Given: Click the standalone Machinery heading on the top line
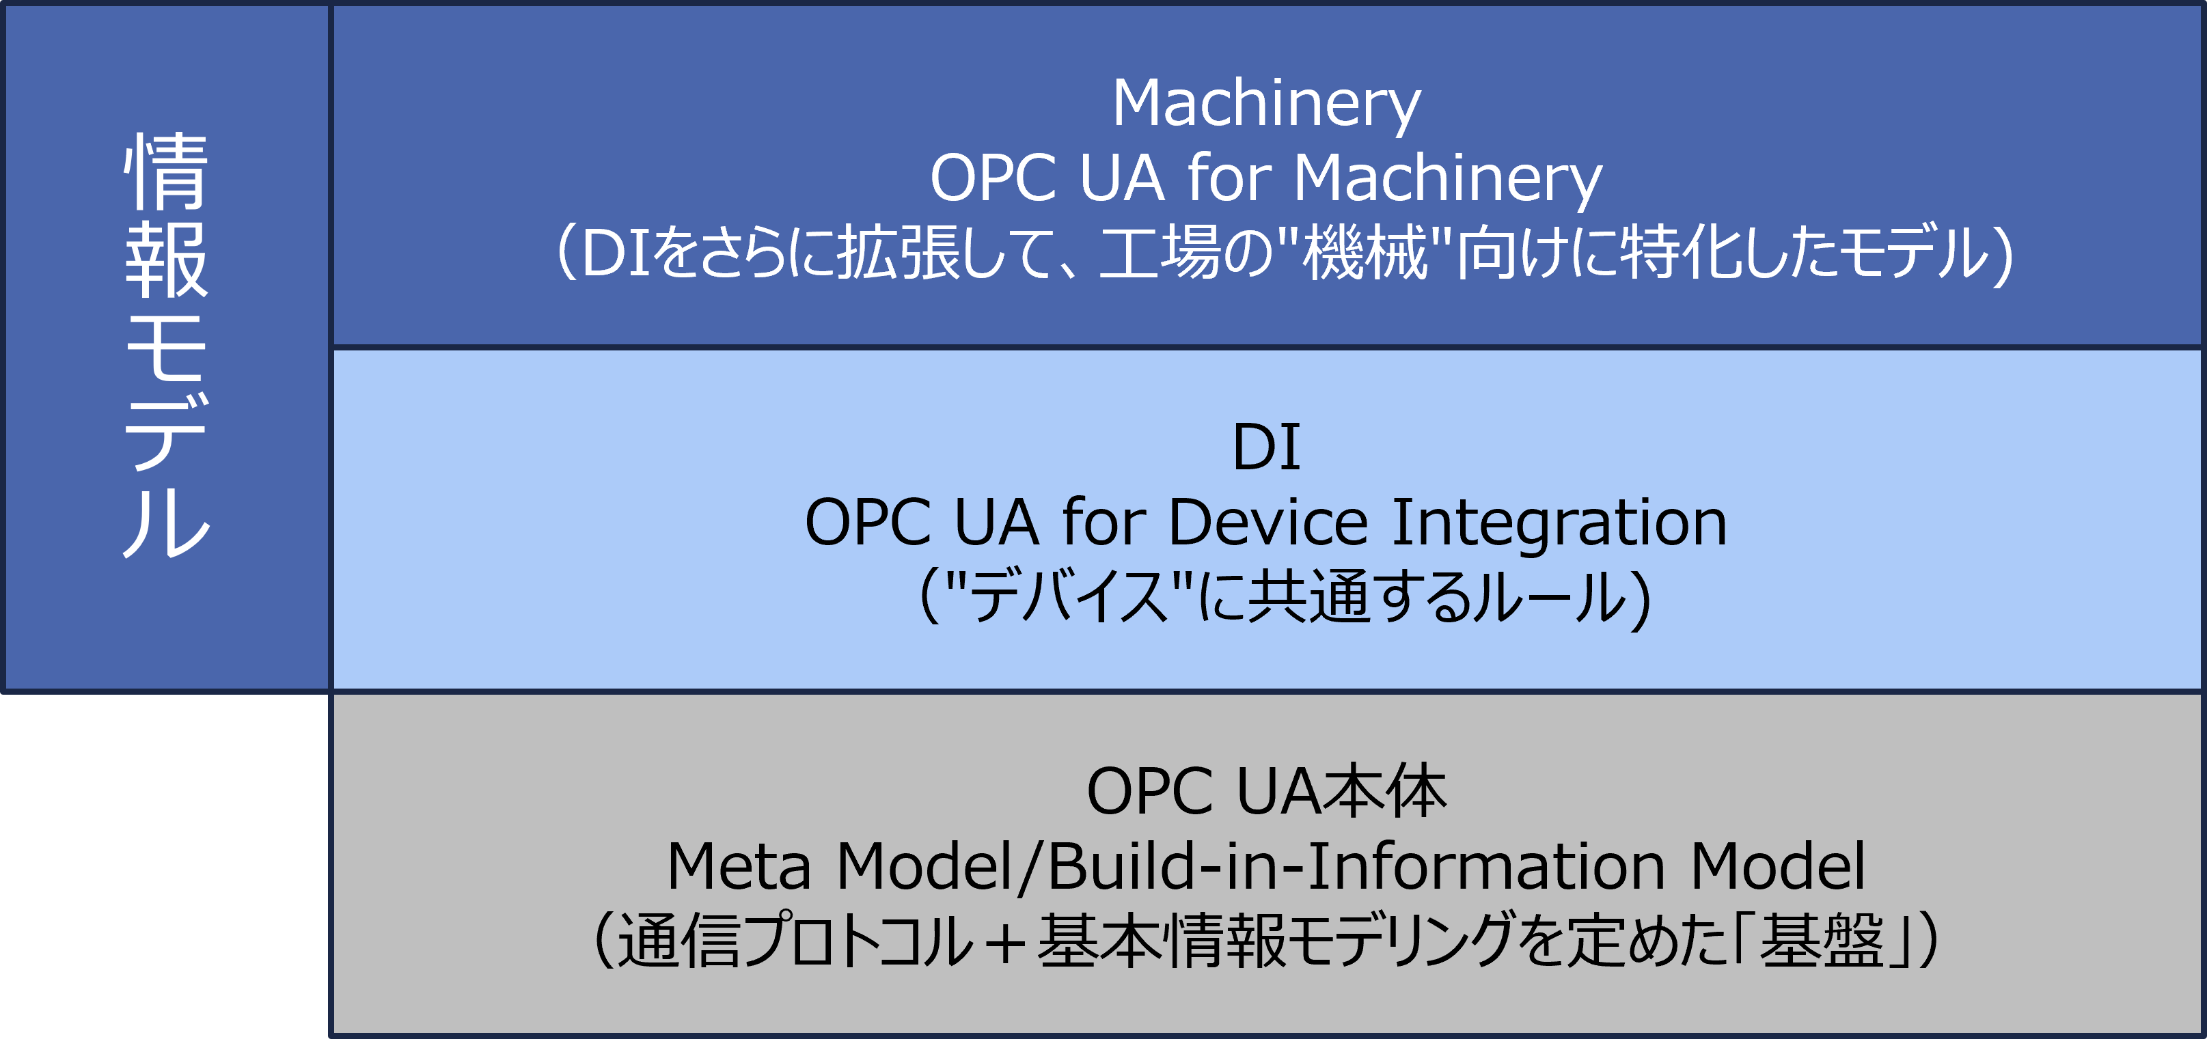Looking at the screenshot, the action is click(1266, 104).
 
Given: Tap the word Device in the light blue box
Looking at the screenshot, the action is click(1268, 523).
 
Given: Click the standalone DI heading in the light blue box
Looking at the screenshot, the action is click(1266, 447).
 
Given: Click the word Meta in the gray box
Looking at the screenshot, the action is click(739, 867).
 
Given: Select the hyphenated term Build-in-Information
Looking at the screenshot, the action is click(1356, 866).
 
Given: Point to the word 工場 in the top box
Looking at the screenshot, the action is click(1161, 252).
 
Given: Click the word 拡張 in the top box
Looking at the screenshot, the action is click(899, 252).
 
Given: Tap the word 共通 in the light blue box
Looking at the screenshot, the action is click(1310, 596).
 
